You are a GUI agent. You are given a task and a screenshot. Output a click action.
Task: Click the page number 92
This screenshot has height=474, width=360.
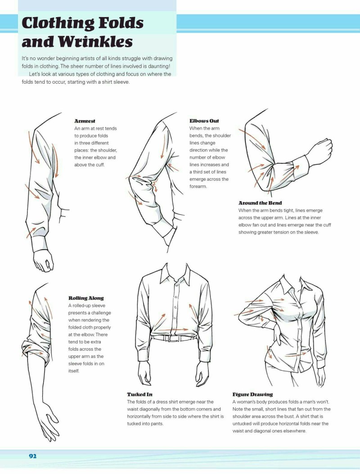tap(32, 456)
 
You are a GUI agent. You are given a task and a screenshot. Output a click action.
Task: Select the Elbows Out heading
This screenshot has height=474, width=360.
tap(204, 121)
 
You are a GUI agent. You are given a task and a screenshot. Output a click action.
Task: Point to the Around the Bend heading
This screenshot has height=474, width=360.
tap(260, 203)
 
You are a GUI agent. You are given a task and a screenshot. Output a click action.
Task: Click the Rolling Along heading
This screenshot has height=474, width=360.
tap(86, 298)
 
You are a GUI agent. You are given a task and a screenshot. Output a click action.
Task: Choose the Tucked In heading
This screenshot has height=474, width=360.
tap(139, 394)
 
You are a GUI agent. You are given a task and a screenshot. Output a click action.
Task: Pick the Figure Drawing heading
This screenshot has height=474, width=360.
tap(252, 394)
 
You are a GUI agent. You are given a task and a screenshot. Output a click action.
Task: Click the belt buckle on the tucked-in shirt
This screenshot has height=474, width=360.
tap(172, 338)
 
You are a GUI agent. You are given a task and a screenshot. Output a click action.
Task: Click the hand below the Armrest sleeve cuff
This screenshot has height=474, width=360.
tap(43, 260)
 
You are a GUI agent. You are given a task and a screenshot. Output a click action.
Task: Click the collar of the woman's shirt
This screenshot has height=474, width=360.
tap(288, 284)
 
